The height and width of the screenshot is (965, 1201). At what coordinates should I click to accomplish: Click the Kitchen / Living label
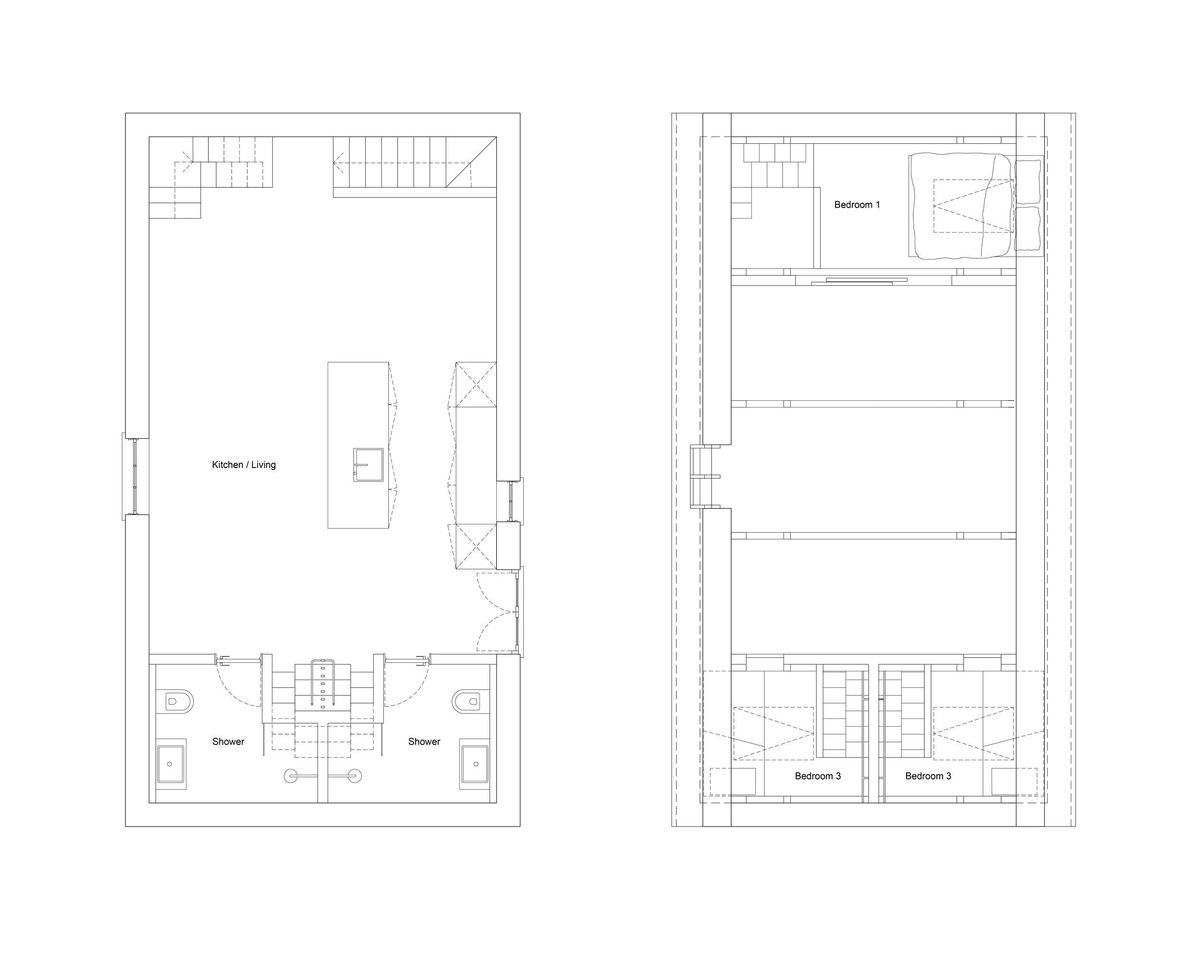244,465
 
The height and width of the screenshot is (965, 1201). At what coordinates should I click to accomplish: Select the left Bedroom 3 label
817,776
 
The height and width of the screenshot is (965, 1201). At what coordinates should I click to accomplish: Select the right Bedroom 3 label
928,776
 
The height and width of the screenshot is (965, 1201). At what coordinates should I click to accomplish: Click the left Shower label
228,742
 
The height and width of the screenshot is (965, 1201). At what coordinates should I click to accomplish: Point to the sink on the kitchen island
368,465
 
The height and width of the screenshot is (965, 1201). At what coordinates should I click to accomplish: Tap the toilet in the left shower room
178,702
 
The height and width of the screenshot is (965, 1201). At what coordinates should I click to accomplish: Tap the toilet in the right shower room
467,702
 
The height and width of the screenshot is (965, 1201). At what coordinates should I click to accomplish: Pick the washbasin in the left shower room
171,765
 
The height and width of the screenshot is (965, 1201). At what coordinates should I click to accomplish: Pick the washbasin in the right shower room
475,765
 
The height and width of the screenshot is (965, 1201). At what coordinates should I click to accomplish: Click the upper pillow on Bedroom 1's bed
1028,182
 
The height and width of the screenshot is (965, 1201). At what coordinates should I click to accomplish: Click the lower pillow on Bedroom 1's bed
1028,228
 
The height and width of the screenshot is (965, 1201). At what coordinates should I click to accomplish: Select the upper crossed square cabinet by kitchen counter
476,385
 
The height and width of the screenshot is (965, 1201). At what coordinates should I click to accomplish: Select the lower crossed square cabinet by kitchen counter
476,546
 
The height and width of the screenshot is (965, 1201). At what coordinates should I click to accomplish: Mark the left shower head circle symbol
291,776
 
